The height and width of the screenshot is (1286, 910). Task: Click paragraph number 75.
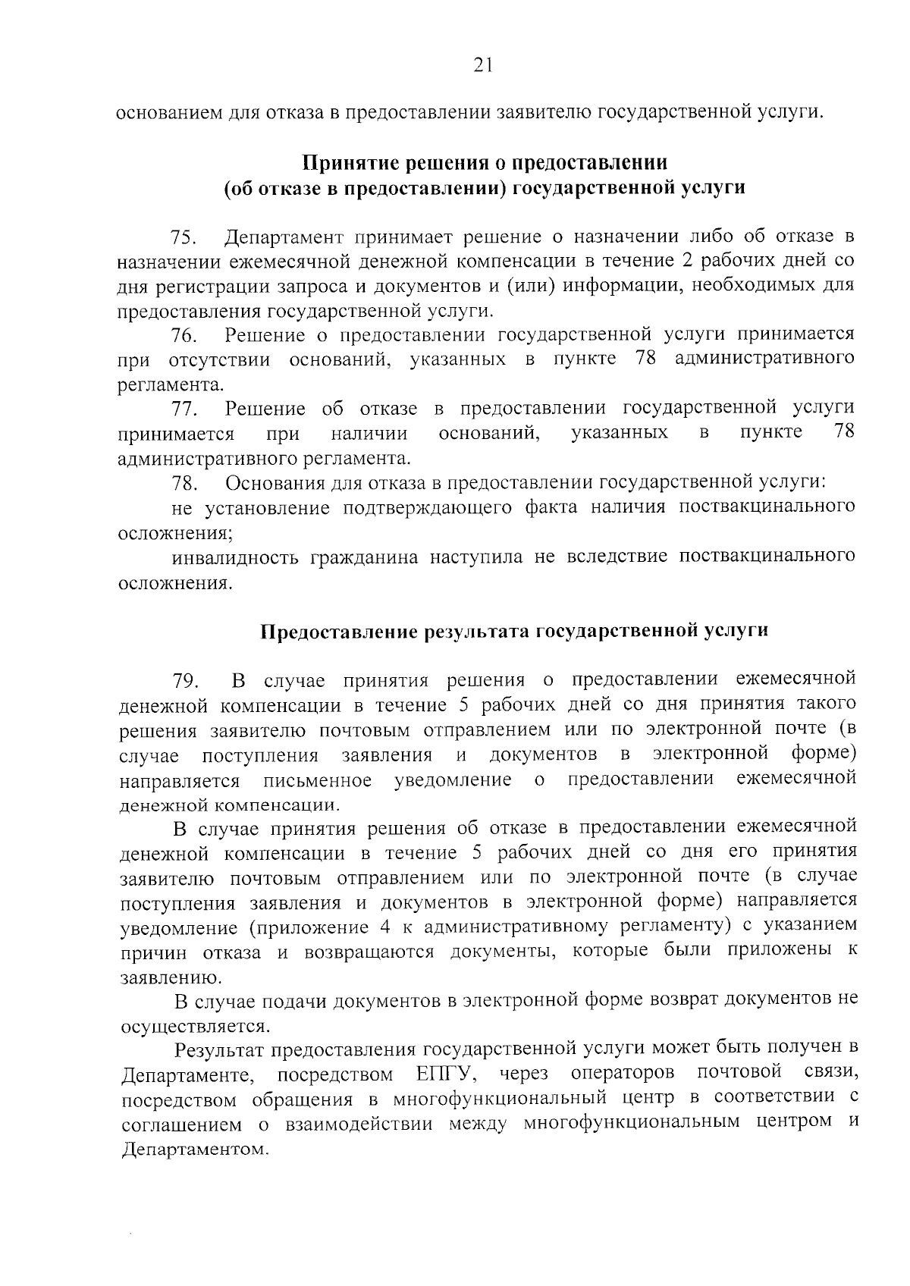pyautogui.click(x=184, y=238)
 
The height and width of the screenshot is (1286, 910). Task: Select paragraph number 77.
pyautogui.click(x=184, y=409)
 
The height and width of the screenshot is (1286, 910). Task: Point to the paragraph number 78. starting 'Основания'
pyautogui.click(x=184, y=483)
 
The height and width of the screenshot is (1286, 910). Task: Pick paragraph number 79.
pyautogui.click(x=186, y=679)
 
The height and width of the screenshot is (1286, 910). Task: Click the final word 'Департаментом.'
pyautogui.click(x=196, y=1149)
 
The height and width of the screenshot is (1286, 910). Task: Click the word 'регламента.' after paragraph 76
pyautogui.click(x=171, y=384)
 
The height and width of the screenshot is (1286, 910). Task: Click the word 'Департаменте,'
pyautogui.click(x=187, y=1075)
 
